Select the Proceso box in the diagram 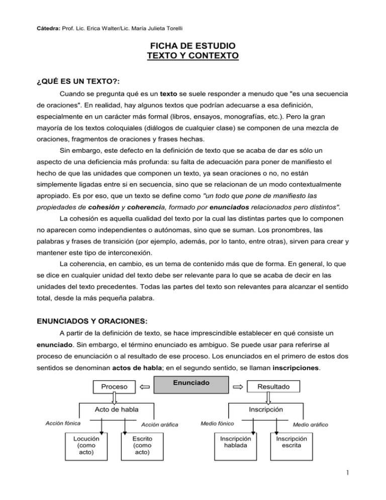tap(115, 386)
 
